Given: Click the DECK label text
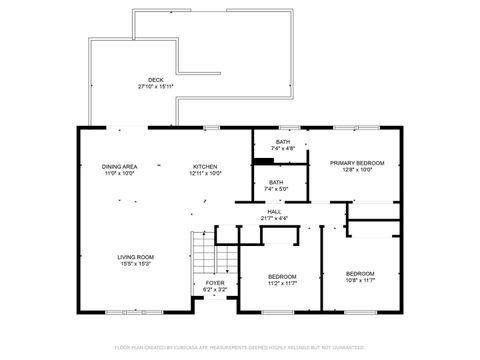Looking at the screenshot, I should (155, 80).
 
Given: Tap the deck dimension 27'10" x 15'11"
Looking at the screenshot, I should (155, 87).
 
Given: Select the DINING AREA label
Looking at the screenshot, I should (119, 166).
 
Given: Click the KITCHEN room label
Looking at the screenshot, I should (206, 166).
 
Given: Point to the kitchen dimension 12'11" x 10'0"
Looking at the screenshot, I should (206, 173).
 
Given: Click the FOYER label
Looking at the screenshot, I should (215, 283).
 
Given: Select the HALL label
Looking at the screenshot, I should (274, 211).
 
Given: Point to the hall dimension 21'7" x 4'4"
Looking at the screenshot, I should (274, 218).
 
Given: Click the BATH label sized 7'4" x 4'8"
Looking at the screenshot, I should (283, 142).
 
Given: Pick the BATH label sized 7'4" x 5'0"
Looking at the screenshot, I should (275, 182).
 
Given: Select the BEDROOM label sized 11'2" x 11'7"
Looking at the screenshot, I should (282, 276).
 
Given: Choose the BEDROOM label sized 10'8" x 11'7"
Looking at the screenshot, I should (360, 273).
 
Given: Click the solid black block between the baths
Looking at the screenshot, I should (264, 160).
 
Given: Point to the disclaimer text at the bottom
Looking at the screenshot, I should (240, 347).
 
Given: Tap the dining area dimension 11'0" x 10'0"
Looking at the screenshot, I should (119, 173).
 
